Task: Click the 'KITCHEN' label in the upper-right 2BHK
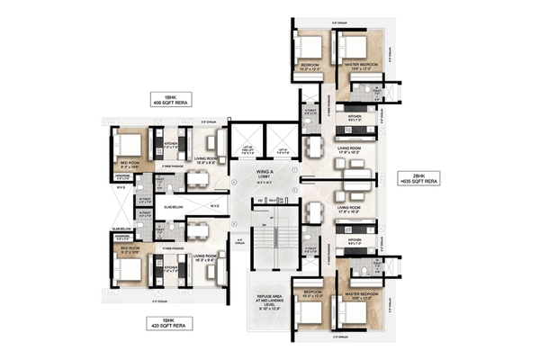[x=354, y=116]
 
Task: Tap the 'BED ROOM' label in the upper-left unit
[x=129, y=163]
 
